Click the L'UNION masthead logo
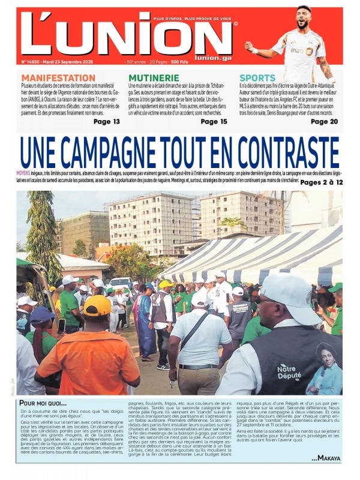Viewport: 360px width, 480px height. pos(126,36)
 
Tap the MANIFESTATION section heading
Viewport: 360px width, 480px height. pos(58,78)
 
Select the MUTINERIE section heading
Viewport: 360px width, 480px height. pos(154,78)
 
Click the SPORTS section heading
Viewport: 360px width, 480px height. pos(257,78)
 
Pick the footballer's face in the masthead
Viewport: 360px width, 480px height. pos(304,16)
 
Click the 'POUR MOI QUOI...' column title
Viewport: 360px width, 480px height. pos(43,403)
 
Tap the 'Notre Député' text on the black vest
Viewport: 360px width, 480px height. pos(290,371)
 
